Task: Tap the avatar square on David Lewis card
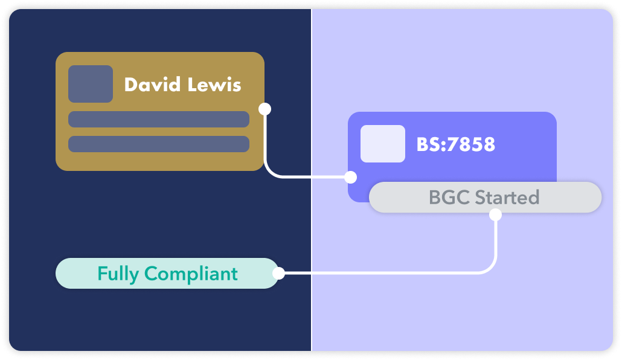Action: pyautogui.click(x=91, y=84)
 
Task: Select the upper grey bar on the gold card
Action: pyautogui.click(x=159, y=120)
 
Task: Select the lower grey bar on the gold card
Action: pyautogui.click(x=159, y=144)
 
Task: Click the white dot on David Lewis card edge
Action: pyautogui.click(x=265, y=109)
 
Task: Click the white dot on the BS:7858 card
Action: pyautogui.click(x=350, y=177)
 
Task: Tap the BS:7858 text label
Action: pyautogui.click(x=455, y=144)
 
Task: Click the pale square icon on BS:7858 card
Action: pyautogui.click(x=383, y=144)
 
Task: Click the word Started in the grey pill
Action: pyautogui.click(x=507, y=198)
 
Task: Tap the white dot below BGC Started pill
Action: pyautogui.click(x=496, y=214)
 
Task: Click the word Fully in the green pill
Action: pyautogui.click(x=118, y=274)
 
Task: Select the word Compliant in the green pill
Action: pyautogui.click(x=191, y=274)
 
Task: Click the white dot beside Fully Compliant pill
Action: pyautogui.click(x=278, y=274)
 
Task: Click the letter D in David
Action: pyautogui.click(x=130, y=85)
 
